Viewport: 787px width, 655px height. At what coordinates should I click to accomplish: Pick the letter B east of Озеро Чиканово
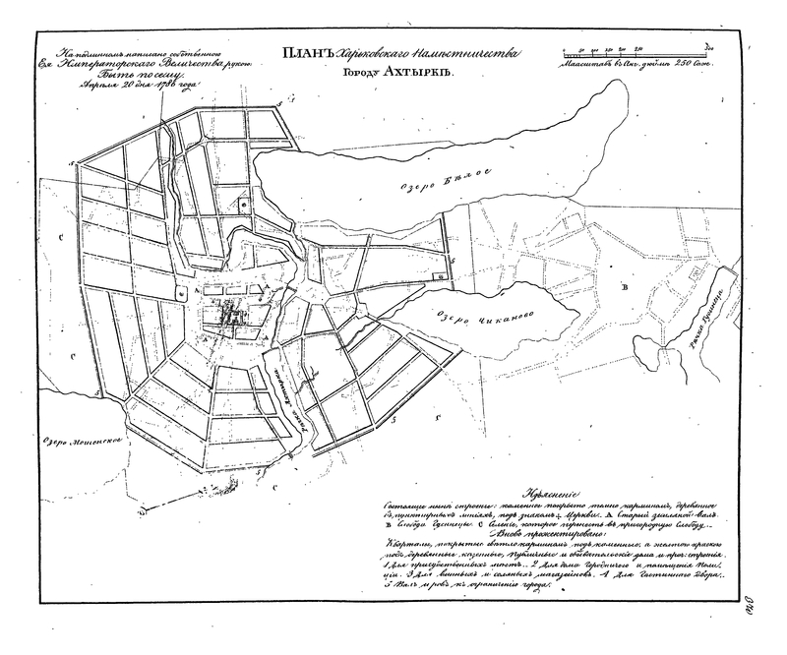pyautogui.click(x=623, y=287)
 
